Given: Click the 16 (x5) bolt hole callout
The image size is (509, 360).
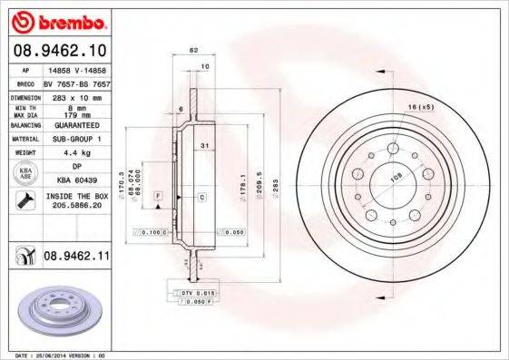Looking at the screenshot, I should click(420, 108).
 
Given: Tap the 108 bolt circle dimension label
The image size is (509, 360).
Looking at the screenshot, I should click(396, 177).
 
